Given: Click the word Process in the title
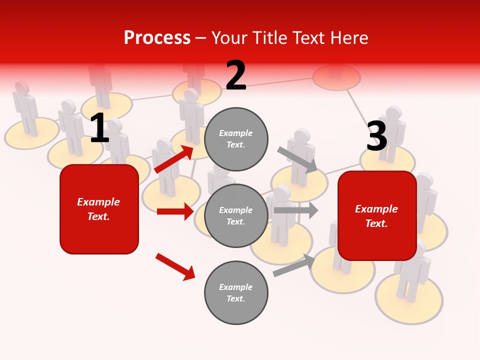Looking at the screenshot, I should tap(157, 38).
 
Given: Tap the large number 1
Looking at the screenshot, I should tap(99, 128).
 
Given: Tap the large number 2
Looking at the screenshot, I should tap(236, 75).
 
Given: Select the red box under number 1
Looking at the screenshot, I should tap(99, 209).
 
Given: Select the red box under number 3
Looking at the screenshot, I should tap(377, 216).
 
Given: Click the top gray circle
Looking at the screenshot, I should tap(236, 139).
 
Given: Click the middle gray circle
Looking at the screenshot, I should tap(236, 215).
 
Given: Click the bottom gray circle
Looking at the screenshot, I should tap(236, 292).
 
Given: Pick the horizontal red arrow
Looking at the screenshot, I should tap(175, 211).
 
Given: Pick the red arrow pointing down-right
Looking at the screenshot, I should tap(175, 266).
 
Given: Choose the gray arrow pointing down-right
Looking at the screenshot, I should tap(297, 159).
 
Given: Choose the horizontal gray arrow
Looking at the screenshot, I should tap(296, 210).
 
